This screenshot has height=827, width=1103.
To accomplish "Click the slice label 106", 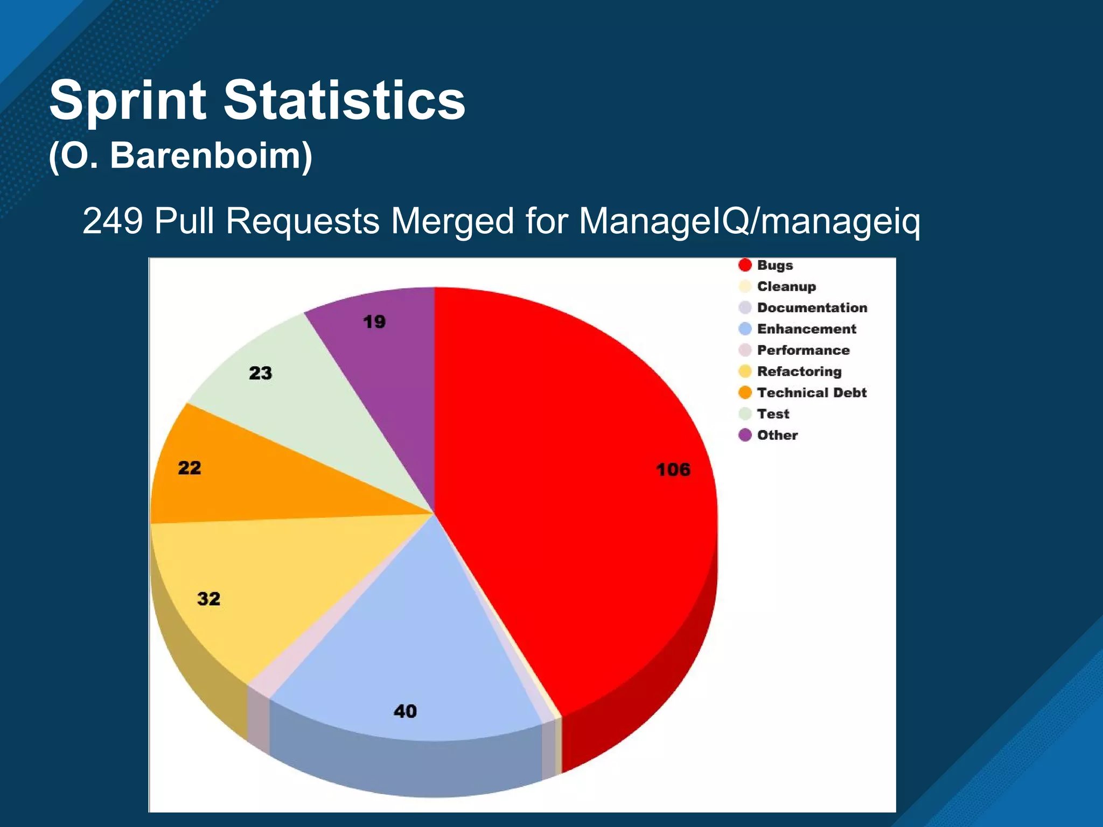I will (673, 469).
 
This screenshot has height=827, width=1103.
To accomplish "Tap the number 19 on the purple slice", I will (374, 322).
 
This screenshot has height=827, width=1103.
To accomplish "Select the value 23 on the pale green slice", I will (260, 373).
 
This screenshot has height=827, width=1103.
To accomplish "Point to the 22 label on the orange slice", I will (189, 467).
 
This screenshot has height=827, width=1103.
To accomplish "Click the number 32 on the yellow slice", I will (208, 599).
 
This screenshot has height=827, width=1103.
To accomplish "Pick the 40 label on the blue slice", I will (405, 711).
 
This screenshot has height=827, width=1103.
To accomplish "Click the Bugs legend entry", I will (774, 265).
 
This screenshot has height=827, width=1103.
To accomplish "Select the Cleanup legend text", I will (786, 286).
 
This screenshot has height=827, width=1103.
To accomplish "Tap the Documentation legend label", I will (812, 307).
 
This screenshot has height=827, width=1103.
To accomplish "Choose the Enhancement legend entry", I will (806, 329).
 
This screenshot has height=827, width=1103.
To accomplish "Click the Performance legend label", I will (802, 350).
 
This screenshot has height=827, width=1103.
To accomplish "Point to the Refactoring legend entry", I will (799, 372).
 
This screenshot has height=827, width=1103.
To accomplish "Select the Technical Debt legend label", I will (811, 393).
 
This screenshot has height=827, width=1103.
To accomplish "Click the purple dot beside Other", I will (745, 435).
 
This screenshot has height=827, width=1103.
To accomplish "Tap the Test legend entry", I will (772, 414).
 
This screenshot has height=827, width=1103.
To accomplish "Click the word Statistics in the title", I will (344, 100).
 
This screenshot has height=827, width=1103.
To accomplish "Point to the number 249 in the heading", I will (113, 221).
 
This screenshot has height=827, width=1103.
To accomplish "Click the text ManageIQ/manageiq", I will (749, 221).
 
